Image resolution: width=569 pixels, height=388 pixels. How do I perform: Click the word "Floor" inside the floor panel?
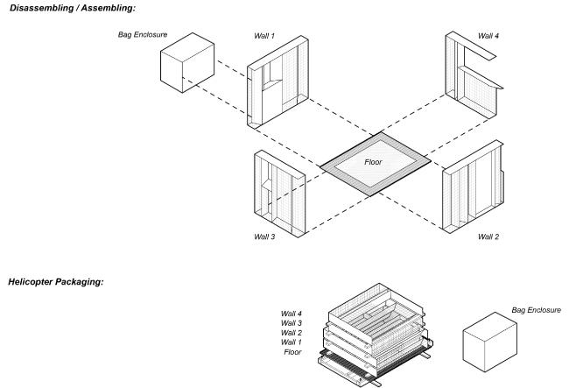375,161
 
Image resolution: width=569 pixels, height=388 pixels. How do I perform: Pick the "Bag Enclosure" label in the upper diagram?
143,36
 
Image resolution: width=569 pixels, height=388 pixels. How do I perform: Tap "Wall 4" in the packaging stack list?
292,313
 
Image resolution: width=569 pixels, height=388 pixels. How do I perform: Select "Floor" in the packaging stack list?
293,352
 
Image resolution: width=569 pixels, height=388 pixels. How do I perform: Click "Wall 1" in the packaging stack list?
292,342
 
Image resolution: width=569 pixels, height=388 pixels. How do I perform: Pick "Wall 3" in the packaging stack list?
292,322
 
